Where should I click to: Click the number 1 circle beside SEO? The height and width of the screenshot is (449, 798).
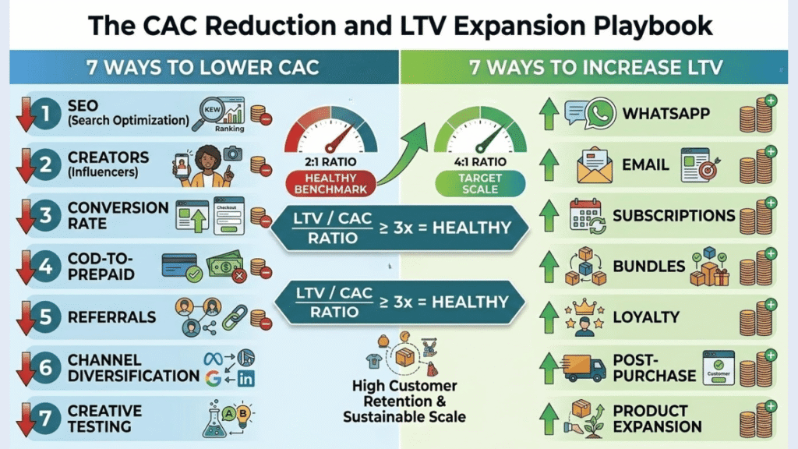pos(45,114)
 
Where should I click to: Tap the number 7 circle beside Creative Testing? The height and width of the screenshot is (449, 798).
pos(45,418)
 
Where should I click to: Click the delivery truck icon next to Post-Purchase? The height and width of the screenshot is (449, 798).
pos(585,367)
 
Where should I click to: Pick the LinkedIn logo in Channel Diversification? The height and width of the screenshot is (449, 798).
pos(246,379)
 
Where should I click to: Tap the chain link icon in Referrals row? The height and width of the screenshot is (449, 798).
pos(234,316)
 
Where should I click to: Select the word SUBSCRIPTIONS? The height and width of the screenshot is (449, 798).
pos(673,215)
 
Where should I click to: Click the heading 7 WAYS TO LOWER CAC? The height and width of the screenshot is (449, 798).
pos(204,67)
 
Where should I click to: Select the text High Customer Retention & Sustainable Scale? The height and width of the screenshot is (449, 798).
pos(404,401)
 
